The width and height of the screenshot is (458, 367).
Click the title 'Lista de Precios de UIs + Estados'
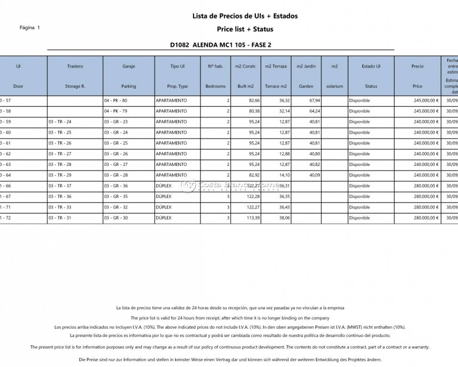(245, 16)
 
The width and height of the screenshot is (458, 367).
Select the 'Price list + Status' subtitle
(245, 29)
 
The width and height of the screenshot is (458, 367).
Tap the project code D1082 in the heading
(179, 45)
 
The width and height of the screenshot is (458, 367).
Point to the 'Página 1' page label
(30, 28)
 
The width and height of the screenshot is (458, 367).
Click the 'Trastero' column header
(75, 66)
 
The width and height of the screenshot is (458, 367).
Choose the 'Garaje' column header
(128, 66)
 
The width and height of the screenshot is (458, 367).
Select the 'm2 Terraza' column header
(276, 66)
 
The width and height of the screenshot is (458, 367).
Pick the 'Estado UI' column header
(371, 66)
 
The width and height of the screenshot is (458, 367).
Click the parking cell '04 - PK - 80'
(116, 101)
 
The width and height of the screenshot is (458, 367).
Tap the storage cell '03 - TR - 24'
(60, 122)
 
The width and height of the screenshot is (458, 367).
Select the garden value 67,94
(315, 101)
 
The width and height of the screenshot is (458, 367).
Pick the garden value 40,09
(315, 175)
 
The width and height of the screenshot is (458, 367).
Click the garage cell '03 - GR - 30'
(116, 218)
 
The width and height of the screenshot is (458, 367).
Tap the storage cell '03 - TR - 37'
(60, 186)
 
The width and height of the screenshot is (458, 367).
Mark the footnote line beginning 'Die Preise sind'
(230, 359)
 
